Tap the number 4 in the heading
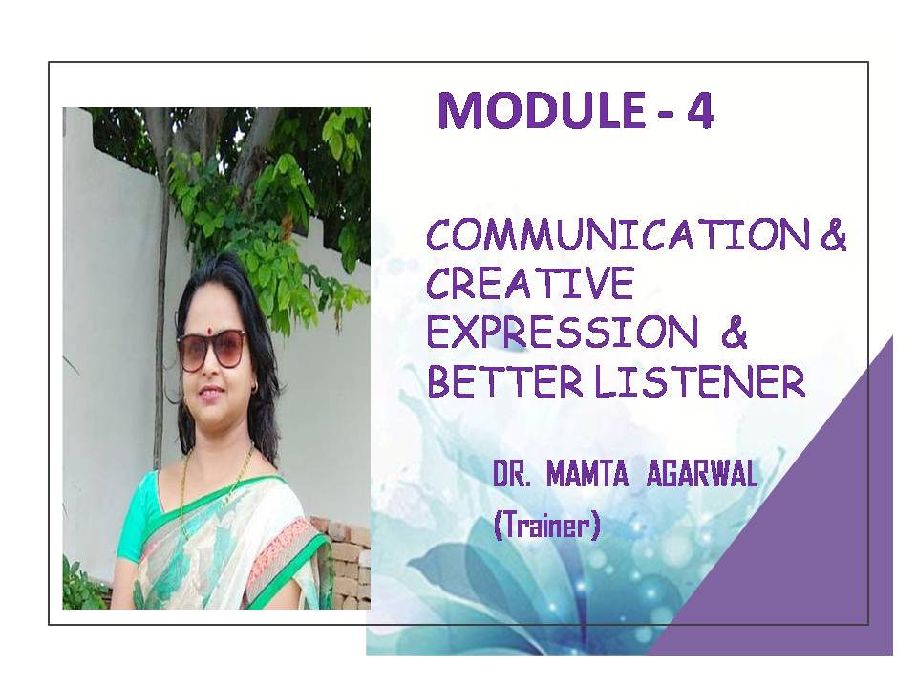700,110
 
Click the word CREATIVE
530,284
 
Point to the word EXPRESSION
563,333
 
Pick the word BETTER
505,381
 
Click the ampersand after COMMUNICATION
834,235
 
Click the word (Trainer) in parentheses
547,525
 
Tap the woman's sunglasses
212,350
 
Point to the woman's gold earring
254,386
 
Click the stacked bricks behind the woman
345,562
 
